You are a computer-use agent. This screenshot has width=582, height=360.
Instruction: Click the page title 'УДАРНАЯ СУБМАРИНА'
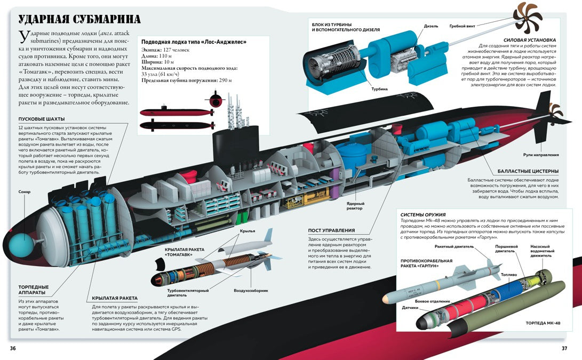coord(79,19)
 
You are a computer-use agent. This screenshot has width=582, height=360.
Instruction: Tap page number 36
coord(13,348)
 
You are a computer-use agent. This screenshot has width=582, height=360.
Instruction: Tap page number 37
coord(564,348)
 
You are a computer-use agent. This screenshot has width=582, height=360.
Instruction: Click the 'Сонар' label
coord(25,192)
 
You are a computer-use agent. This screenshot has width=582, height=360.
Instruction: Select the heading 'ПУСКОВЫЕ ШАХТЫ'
coord(42,119)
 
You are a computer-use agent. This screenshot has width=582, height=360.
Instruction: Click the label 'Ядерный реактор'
coord(355,206)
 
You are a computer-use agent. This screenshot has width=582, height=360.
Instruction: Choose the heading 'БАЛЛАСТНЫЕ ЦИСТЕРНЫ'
coord(528,171)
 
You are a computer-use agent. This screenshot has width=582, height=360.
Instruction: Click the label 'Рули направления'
coord(541,155)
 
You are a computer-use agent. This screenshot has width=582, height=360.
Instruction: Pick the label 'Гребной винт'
coord(462,26)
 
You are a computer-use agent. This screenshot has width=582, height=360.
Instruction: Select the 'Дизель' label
coord(431,26)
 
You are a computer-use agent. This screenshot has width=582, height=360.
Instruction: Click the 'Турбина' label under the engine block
coord(379,89)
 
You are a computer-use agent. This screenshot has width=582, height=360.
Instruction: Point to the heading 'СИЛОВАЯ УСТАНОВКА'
coord(530,40)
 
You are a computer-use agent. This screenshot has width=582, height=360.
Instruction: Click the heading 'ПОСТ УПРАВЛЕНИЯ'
coord(331,230)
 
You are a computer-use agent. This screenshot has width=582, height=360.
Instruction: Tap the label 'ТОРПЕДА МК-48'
coord(543,323)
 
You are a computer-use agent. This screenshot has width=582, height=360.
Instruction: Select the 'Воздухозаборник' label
coord(251,291)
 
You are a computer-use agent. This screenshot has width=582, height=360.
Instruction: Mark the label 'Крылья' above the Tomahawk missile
coord(248,231)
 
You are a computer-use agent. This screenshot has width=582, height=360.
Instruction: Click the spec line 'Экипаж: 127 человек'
coord(165,50)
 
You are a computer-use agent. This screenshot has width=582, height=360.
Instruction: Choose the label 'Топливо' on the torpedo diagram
coord(508,275)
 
